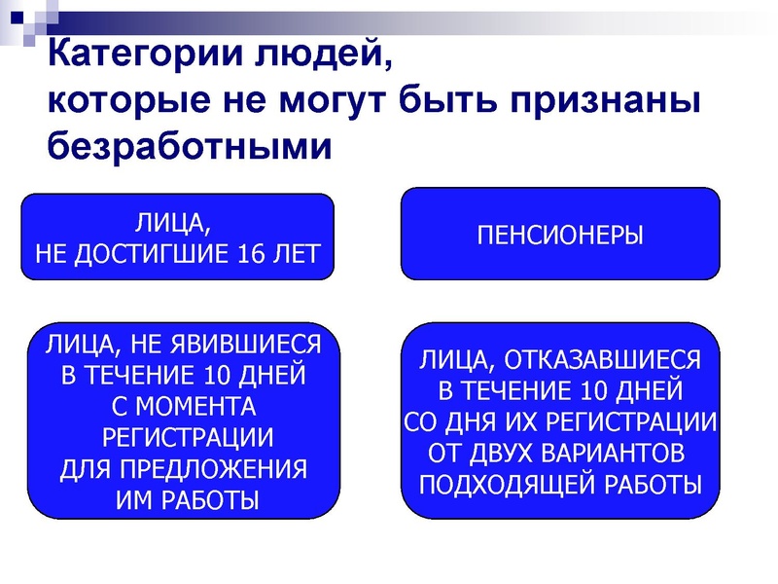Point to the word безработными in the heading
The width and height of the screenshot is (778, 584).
(x=190, y=146)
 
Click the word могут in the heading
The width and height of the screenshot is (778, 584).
(x=329, y=101)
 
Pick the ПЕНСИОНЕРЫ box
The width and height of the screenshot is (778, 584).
(x=560, y=235)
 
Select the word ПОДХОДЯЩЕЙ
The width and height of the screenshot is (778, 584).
(x=512, y=485)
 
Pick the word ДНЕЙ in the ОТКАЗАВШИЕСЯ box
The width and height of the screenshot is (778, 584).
(x=645, y=392)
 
